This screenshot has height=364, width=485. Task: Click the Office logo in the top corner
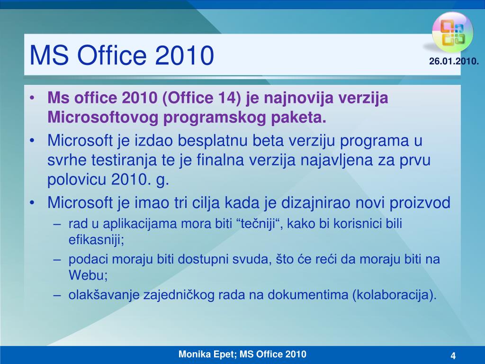coord(452,33)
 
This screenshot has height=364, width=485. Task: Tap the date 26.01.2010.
coord(454,61)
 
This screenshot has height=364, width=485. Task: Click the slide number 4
coord(453,355)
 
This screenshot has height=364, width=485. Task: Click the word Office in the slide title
coord(111,55)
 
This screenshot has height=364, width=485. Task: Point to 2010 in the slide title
coord(184,55)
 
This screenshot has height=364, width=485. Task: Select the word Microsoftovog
coord(103,118)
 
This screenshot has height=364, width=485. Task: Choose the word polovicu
coord(76,180)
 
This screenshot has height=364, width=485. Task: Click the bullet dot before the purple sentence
coord(32,98)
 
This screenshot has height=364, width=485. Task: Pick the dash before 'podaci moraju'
coord(57,259)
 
